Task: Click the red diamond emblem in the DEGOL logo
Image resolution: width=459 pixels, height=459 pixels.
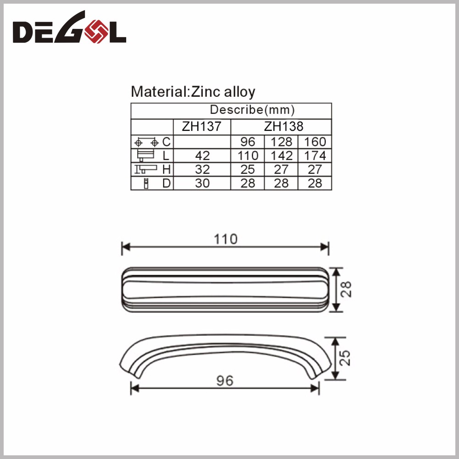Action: click(x=96, y=31)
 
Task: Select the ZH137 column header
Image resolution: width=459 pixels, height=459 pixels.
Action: click(x=202, y=127)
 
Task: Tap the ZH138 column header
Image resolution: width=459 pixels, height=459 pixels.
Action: click(x=284, y=127)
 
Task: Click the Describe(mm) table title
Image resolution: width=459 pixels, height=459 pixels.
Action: click(x=252, y=110)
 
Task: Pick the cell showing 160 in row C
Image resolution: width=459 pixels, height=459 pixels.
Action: click(x=315, y=142)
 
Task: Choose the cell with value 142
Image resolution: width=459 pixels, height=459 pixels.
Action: click(x=281, y=156)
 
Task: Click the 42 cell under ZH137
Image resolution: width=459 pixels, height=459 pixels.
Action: click(x=202, y=156)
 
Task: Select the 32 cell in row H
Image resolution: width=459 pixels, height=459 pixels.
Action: click(x=202, y=169)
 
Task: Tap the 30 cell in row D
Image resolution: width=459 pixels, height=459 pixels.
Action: click(x=202, y=183)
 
